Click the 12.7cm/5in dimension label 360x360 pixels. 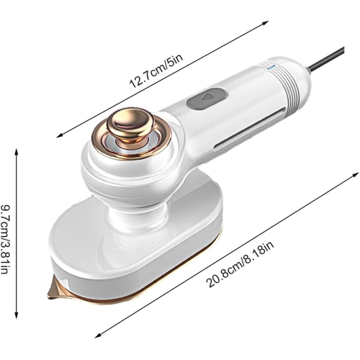[157, 70]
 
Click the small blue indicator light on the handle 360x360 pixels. [269, 69]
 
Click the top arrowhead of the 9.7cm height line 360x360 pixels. [16, 148]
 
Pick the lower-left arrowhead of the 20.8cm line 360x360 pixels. [96, 336]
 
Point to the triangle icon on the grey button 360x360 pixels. [204, 99]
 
